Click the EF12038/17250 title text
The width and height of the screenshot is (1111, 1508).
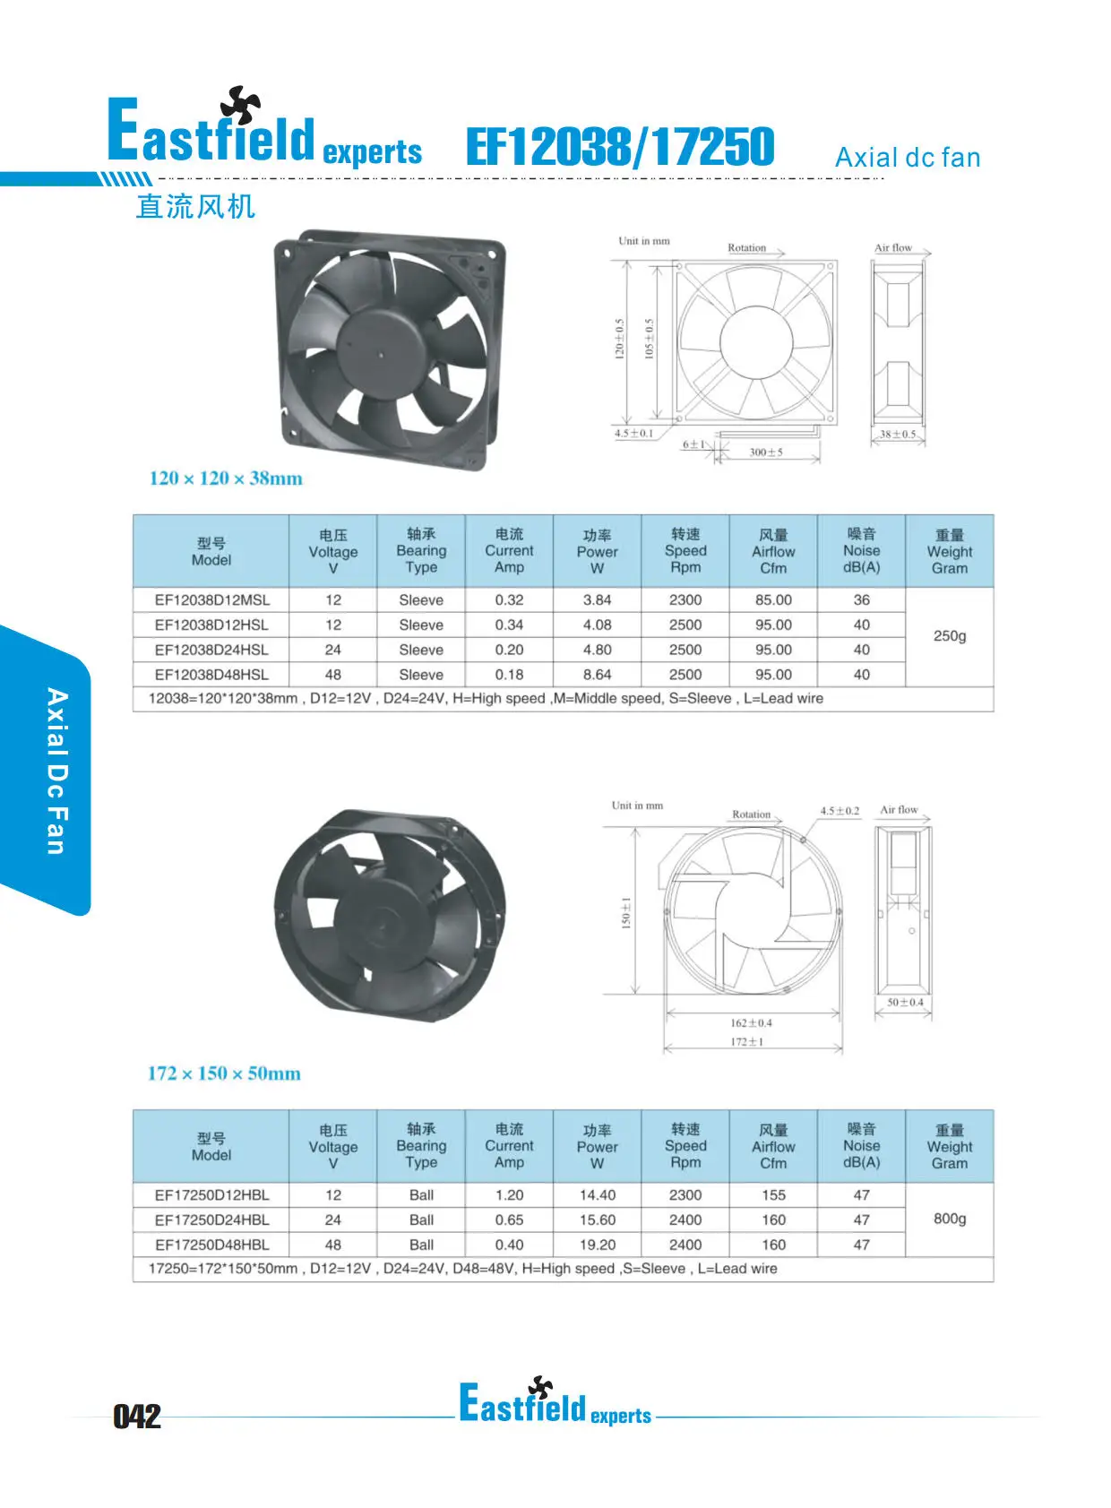(x=620, y=146)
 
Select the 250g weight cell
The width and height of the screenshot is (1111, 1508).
(x=950, y=636)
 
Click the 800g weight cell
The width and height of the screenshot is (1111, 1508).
(x=950, y=1219)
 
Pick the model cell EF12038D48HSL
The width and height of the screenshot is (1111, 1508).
(x=211, y=675)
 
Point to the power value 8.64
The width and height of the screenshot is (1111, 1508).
(x=598, y=675)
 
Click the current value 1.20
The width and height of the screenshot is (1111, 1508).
(x=509, y=1195)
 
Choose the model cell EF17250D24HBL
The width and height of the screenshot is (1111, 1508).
(x=212, y=1219)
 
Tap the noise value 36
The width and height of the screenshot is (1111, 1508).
(x=861, y=599)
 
